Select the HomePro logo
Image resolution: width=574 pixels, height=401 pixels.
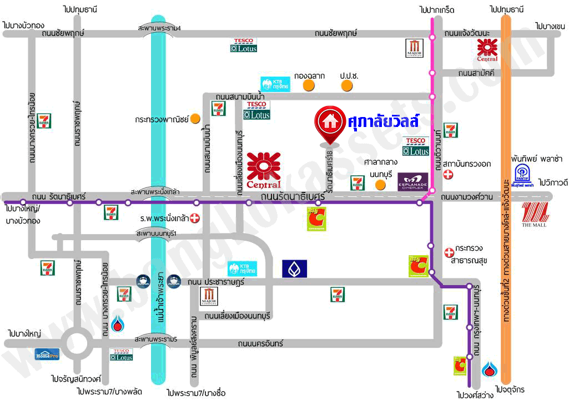tap(47, 354)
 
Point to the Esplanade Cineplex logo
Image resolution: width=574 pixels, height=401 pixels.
tap(412, 182)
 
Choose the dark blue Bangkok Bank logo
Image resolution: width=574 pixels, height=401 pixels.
tap(294, 268)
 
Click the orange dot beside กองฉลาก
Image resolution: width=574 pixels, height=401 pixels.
tap(306, 86)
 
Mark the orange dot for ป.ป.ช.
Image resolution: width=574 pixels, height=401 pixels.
tap(347, 86)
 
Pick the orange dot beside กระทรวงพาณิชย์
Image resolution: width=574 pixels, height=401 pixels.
tap(195, 118)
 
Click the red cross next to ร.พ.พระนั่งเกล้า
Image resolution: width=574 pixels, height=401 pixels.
tap(195, 219)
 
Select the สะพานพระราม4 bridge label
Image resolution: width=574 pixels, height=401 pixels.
tap(159, 28)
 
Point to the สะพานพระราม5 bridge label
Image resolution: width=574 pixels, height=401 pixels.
tap(159, 339)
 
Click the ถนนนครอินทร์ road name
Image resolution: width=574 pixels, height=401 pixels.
tap(260, 344)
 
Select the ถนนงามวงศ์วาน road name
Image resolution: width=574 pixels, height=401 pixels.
tap(470, 196)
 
